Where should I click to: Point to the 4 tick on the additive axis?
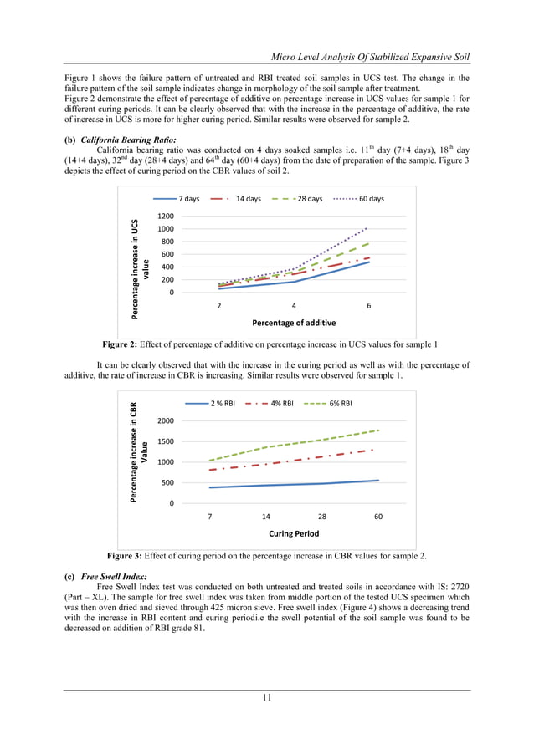(x=293, y=306)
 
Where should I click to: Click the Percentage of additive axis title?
(x=294, y=323)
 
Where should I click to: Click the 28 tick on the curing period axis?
(x=322, y=517)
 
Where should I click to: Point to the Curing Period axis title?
(x=294, y=533)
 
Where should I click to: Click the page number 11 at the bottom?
(x=267, y=699)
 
